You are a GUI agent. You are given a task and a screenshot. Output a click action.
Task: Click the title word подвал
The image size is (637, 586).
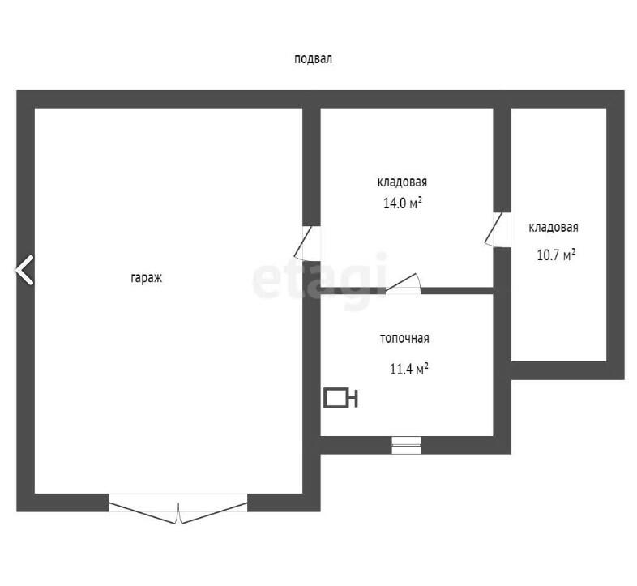[x=313, y=59]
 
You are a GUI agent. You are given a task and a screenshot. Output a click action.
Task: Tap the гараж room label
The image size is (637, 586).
[x=146, y=278]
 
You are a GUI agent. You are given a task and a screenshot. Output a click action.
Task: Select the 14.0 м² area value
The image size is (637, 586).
[x=403, y=203]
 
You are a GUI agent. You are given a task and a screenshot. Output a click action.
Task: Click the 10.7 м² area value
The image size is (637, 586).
[x=556, y=255]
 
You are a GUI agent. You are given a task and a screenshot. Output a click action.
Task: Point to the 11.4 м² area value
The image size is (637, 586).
[x=409, y=369]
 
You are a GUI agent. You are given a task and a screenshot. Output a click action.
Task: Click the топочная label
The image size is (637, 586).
[x=404, y=339]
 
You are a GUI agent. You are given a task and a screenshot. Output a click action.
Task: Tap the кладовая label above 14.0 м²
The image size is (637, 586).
[x=402, y=182]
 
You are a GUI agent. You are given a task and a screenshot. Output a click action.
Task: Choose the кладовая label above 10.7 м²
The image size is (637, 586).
[x=554, y=227]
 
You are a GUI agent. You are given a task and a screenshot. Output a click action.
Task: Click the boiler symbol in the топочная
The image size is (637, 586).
[x=340, y=398]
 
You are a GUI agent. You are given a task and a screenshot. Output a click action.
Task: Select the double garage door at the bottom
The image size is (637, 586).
[x=178, y=509]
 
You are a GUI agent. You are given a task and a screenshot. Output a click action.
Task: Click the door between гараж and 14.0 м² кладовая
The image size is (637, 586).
[x=307, y=243]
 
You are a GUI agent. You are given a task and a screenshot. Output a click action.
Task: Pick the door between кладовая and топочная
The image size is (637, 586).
[x=403, y=283]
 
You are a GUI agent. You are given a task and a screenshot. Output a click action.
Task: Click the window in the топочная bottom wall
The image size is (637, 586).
[x=406, y=446]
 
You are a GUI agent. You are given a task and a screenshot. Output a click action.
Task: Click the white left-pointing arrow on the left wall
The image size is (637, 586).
[x=24, y=270]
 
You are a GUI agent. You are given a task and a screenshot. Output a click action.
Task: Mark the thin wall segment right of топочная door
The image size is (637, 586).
[x=457, y=290]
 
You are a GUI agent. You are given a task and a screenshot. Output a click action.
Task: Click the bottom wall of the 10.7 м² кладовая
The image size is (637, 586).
[x=567, y=370]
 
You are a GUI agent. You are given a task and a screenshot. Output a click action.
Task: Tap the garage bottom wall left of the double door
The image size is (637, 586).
[x=63, y=503]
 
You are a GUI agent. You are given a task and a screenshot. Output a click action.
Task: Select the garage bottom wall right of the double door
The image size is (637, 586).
[x=284, y=503]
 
